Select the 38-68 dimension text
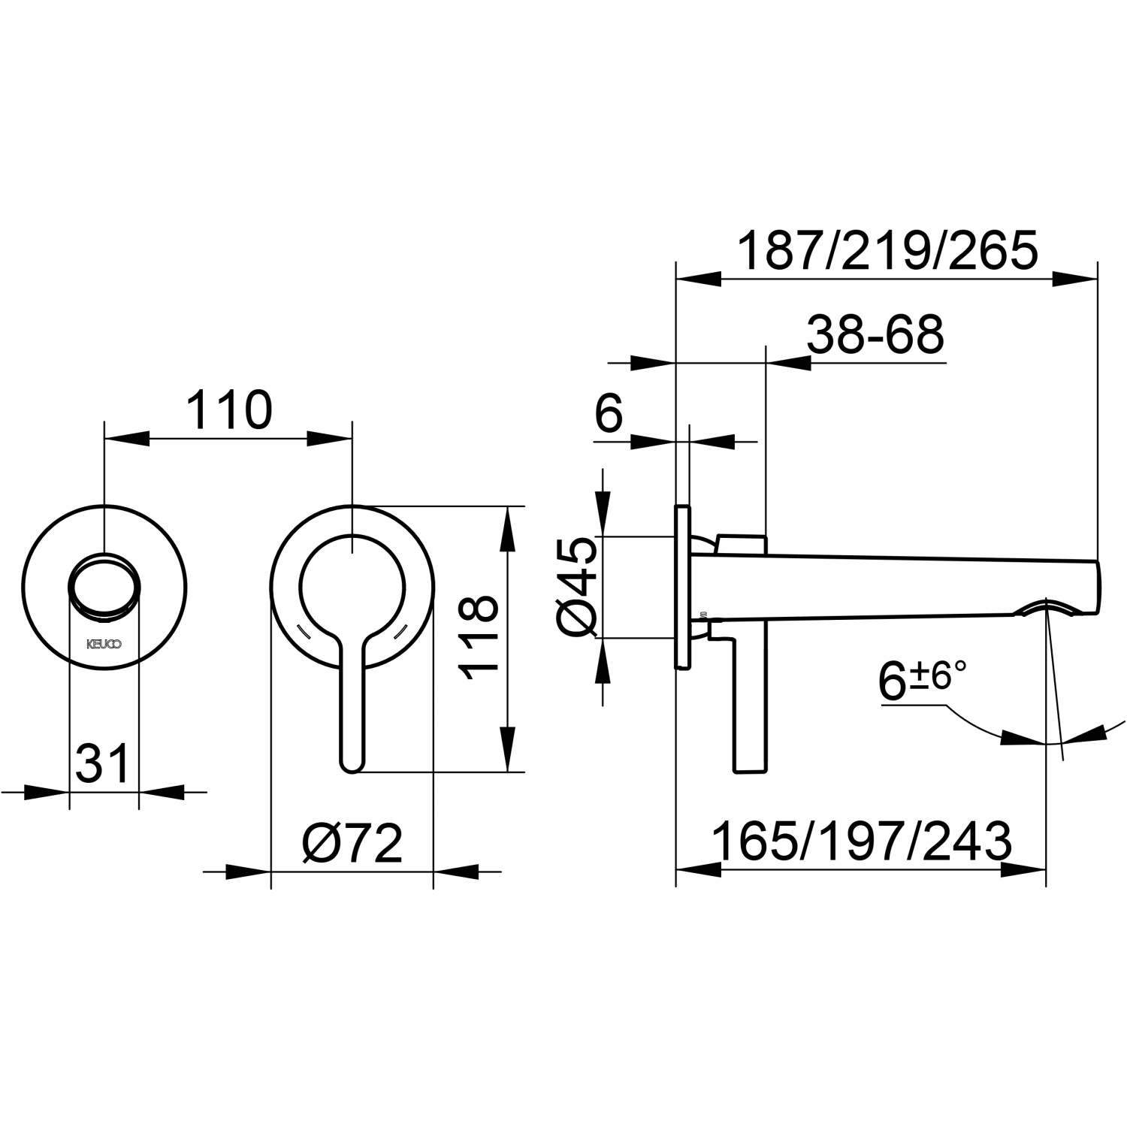tap(875, 335)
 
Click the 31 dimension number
tap(103, 764)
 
